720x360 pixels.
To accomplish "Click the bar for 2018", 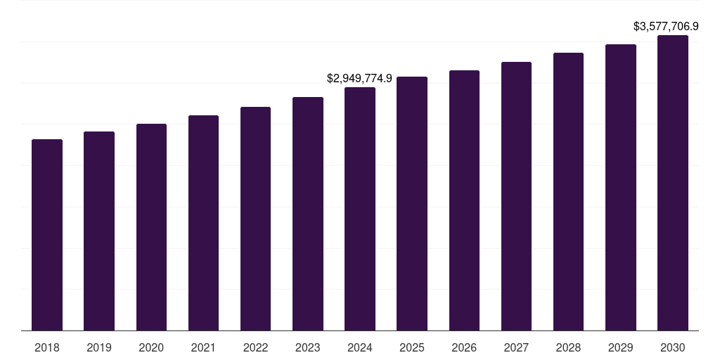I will click(47, 235).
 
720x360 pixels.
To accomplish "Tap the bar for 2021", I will click(203, 223).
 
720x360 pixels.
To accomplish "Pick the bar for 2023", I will click(308, 214).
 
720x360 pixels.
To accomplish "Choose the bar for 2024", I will click(360, 209).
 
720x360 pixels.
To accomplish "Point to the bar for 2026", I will click(464, 200).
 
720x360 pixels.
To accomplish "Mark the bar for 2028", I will click(568, 191).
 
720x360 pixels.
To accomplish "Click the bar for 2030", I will click(673, 183).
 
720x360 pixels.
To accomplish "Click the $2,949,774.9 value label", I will click(360, 78).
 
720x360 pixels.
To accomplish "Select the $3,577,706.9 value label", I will click(666, 27).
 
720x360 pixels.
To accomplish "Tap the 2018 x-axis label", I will click(47, 347).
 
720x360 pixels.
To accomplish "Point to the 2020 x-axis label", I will click(151, 347).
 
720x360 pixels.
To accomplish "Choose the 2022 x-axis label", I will click(255, 347).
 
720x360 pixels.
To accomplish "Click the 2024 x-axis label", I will click(360, 347).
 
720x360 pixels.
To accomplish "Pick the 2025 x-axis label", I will click(412, 347).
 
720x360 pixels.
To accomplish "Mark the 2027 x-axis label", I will click(516, 347).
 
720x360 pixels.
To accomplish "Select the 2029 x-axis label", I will click(621, 347).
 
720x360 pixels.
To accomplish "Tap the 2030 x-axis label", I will click(673, 347).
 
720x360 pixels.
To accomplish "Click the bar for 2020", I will click(151, 227).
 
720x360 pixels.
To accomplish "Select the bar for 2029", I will click(621, 187).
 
